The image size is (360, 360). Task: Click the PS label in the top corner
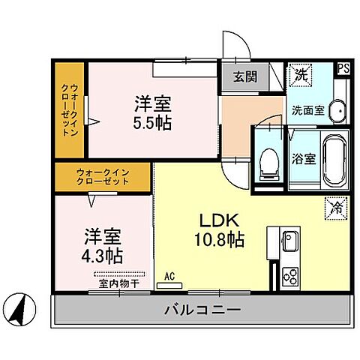[x=343, y=67]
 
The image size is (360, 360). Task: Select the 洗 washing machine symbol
[x=299, y=74]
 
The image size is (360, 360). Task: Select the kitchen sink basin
[x=290, y=241]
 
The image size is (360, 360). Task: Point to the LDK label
[x=218, y=221]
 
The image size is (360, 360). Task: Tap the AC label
[x=169, y=277]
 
